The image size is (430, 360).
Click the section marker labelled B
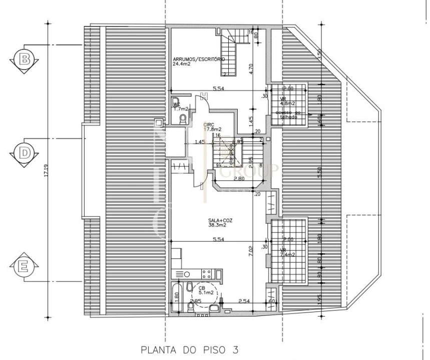pyautogui.click(x=24, y=59)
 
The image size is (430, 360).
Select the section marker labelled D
pyautogui.click(x=24, y=153)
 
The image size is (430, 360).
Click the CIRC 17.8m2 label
pyautogui.click(x=212, y=126)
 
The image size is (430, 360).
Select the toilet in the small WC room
pyautogui.click(x=183, y=118)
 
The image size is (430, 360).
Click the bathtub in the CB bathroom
pyautogui.click(x=176, y=298)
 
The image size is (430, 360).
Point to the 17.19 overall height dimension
pyautogui.click(x=46, y=171)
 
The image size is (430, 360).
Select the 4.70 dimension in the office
pyautogui.click(x=252, y=68)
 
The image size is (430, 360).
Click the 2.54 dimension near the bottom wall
pyautogui.click(x=244, y=301)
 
